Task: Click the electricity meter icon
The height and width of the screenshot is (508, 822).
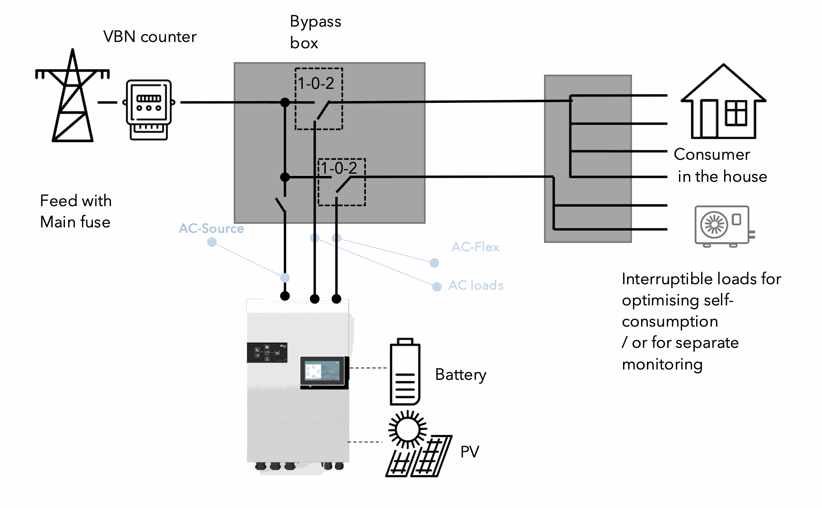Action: [x=149, y=110]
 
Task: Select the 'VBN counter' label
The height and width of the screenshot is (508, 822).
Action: [x=150, y=37]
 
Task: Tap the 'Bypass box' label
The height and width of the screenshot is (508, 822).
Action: [x=315, y=32]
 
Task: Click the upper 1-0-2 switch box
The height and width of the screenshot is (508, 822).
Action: [x=319, y=99]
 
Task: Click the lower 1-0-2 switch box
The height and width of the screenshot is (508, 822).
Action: [x=342, y=182]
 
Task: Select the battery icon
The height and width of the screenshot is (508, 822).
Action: [x=405, y=372]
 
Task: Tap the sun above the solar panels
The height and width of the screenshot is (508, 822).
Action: [x=407, y=429]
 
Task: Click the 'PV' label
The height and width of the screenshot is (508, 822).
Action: [x=469, y=452]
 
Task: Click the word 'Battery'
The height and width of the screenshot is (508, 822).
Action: [x=460, y=374]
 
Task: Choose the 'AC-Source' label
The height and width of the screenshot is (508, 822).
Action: [x=211, y=228]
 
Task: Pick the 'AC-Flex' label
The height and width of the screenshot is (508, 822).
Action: [x=475, y=247]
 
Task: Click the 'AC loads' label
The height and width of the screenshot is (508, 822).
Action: [x=476, y=285]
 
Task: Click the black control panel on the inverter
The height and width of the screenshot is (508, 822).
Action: [x=267, y=352]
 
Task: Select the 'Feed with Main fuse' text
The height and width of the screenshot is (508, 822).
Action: [x=75, y=211]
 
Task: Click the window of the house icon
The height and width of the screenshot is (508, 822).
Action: [x=736, y=113]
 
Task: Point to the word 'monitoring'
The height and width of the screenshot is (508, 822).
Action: [x=662, y=364]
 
